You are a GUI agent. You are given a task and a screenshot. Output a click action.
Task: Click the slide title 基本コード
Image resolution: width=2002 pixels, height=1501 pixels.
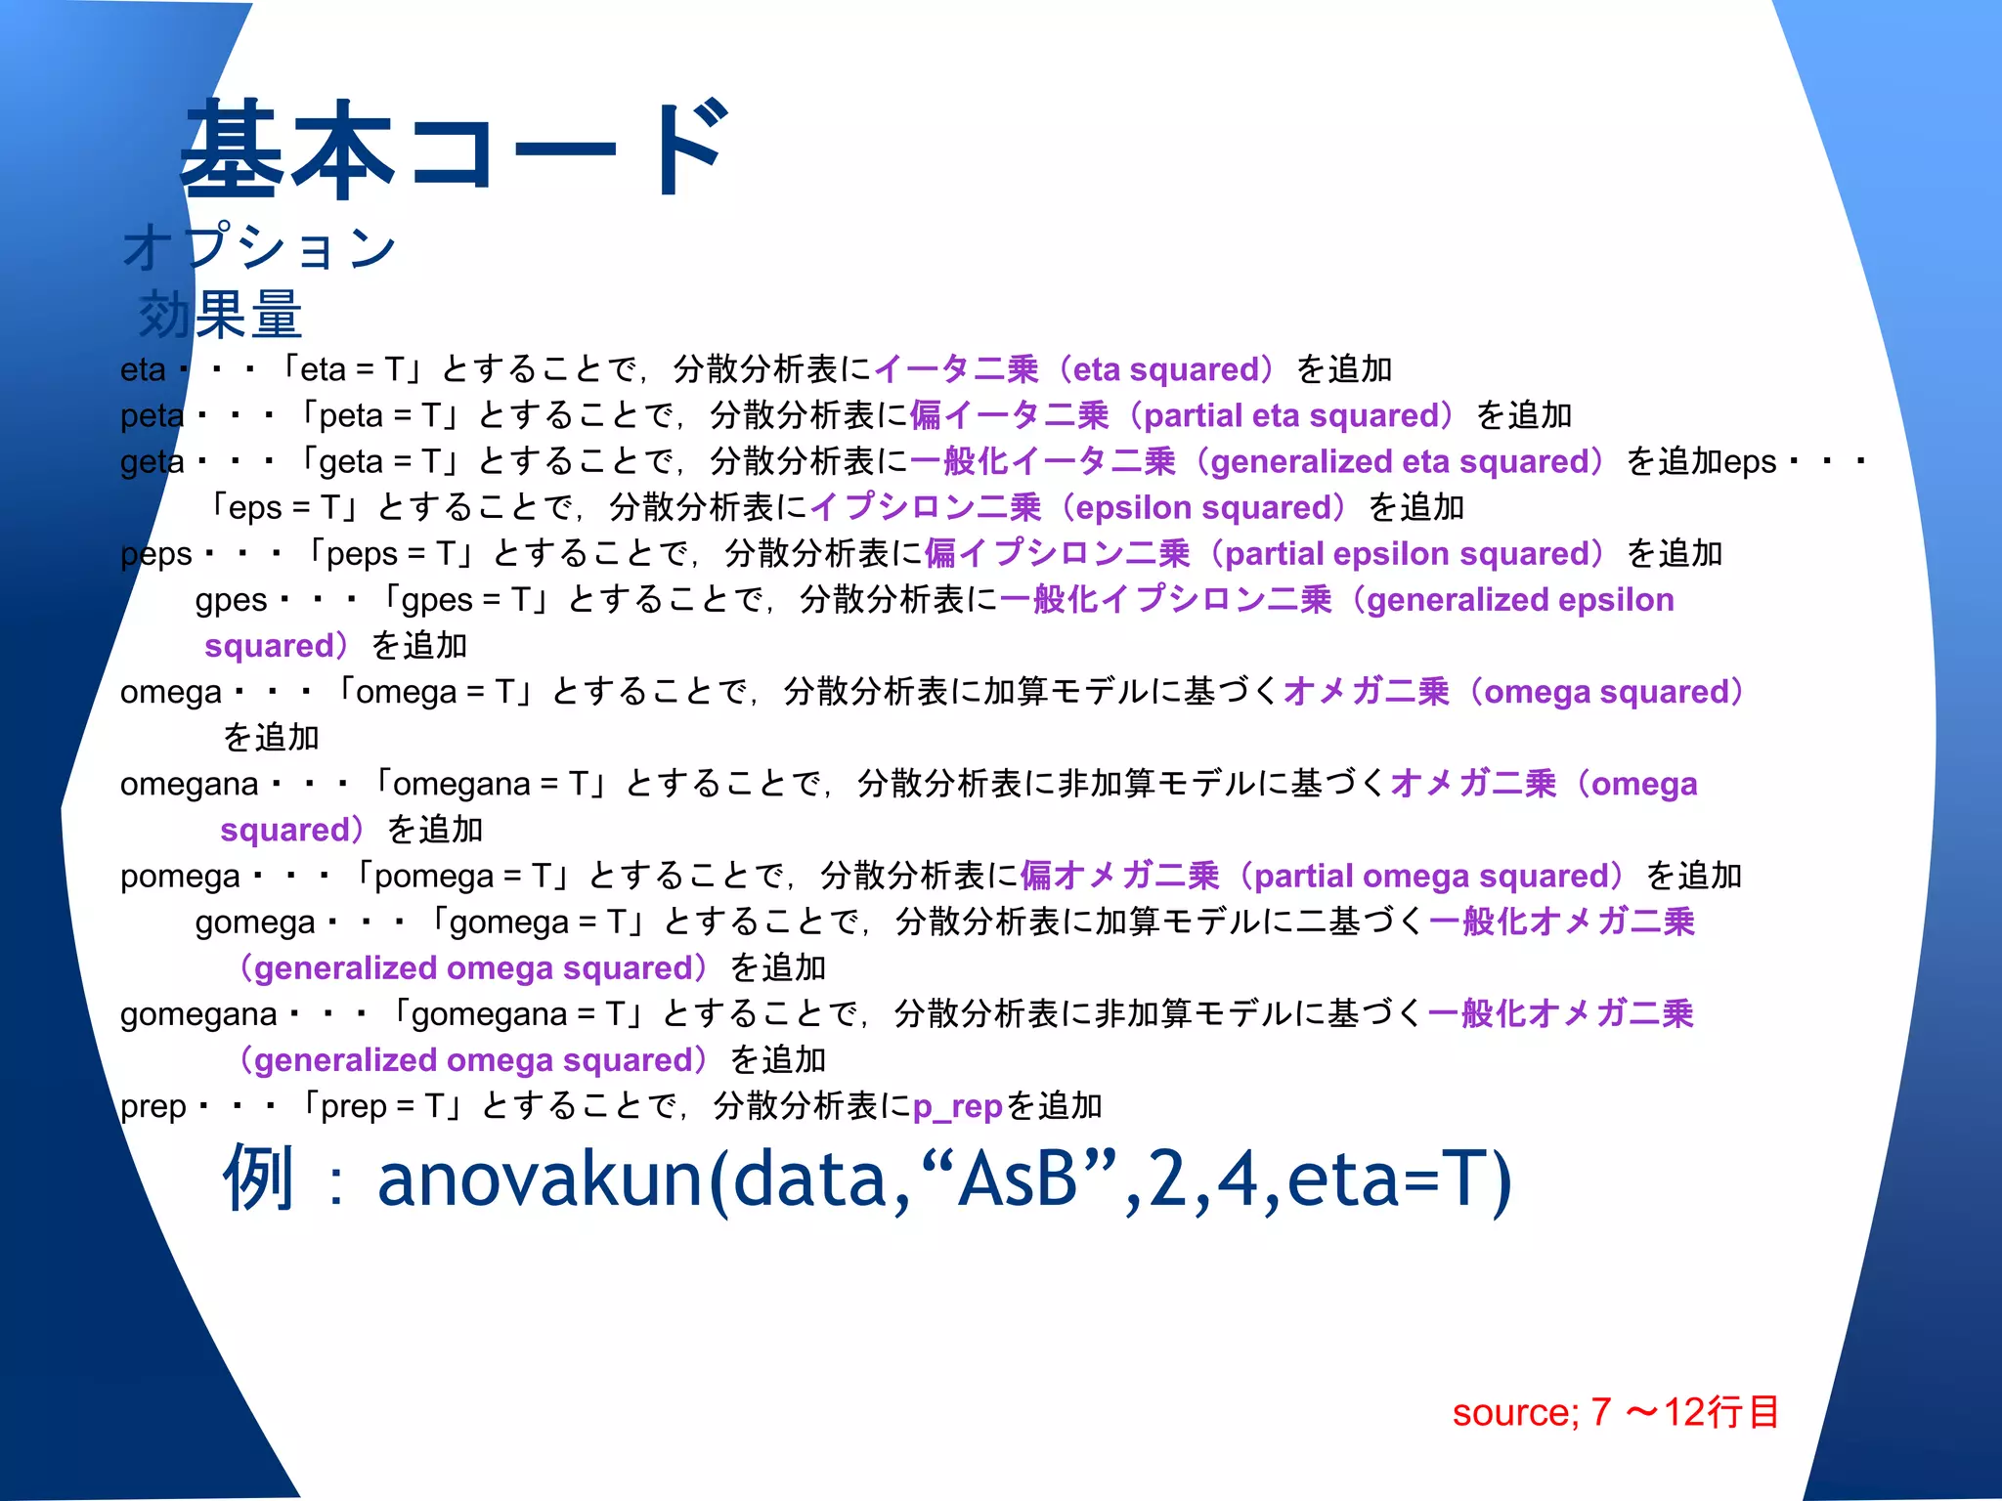pyautogui.click(x=455, y=149)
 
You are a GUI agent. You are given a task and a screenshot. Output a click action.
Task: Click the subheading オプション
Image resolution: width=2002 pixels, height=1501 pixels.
pyautogui.click(x=260, y=246)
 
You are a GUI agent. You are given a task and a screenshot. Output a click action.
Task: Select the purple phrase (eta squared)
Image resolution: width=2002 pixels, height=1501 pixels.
pyautogui.click(x=1168, y=369)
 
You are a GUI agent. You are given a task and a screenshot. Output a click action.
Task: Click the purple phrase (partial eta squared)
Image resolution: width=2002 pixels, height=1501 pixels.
pyautogui.click(x=1289, y=415)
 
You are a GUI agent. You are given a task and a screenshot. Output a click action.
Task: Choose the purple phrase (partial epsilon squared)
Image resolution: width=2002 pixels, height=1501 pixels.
pyautogui.click(x=1408, y=553)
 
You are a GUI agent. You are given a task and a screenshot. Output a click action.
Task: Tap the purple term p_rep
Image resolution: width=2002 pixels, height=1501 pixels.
pyautogui.click(x=958, y=1106)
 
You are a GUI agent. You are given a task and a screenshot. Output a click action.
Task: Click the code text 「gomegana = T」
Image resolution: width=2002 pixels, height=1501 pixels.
pyautogui.click(x=515, y=1014)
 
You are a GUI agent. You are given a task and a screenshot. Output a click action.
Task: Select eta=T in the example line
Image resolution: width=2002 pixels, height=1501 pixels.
pyautogui.click(x=1399, y=1179)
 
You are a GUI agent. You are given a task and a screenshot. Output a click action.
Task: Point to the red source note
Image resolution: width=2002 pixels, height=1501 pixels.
pyautogui.click(x=1615, y=1412)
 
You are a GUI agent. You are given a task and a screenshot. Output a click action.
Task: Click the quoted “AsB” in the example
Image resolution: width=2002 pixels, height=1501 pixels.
pyautogui.click(x=1018, y=1179)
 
